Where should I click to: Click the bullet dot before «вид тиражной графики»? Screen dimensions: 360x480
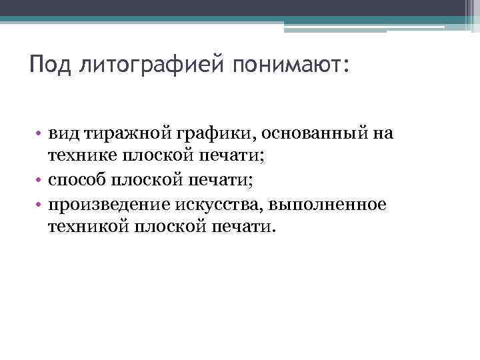[41, 134]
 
